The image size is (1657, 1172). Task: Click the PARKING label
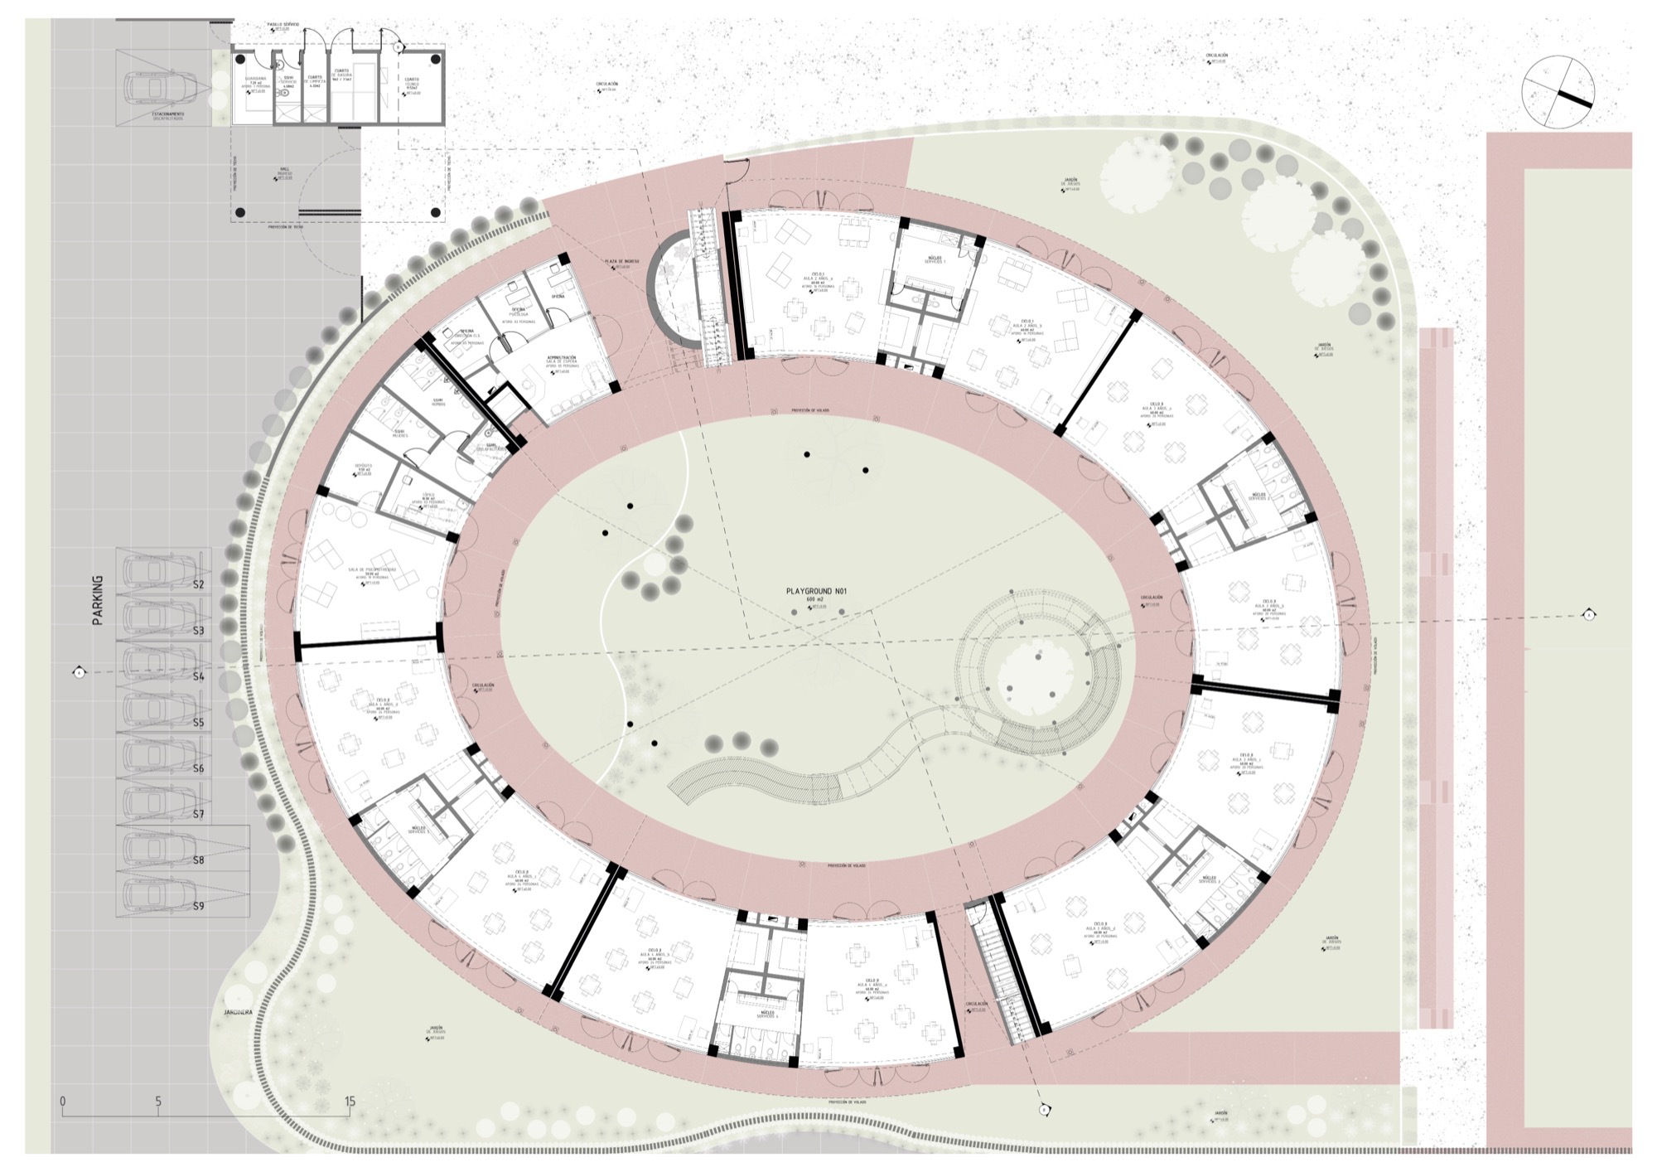(x=99, y=599)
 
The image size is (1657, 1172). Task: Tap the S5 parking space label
(x=198, y=723)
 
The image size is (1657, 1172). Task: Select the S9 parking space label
(x=198, y=906)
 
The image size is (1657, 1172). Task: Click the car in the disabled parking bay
(x=162, y=86)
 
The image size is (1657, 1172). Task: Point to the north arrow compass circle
(x=1558, y=92)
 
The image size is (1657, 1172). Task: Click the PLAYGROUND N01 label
(x=815, y=592)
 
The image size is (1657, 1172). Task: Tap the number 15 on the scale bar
(x=350, y=1102)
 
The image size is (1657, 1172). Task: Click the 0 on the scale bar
(x=63, y=1102)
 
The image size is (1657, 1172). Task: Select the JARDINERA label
(x=237, y=1013)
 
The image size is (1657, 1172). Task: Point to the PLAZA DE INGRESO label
(x=617, y=262)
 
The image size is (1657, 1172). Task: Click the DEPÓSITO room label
(x=364, y=468)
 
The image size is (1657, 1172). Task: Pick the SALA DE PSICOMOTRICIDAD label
(x=372, y=572)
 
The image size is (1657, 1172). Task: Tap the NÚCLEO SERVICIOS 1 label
(x=934, y=259)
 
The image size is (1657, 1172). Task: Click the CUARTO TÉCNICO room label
(x=412, y=85)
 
